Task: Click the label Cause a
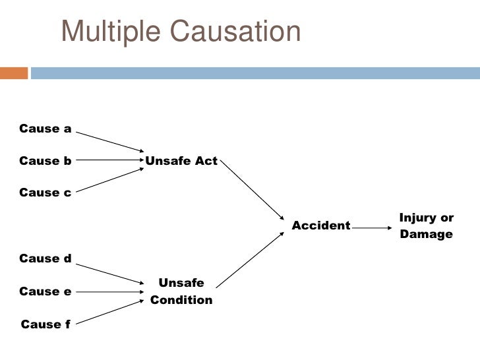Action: (x=45, y=129)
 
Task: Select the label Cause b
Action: (x=45, y=160)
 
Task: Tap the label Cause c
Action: (x=45, y=193)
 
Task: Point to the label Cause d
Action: (x=45, y=258)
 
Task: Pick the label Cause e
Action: (x=45, y=291)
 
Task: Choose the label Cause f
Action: (x=45, y=324)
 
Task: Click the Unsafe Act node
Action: (x=181, y=160)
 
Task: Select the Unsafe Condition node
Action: (x=181, y=291)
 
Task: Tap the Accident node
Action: (x=321, y=226)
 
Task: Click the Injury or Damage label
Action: (x=427, y=225)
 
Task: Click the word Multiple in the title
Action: (x=109, y=32)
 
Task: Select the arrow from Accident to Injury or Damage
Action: (x=373, y=228)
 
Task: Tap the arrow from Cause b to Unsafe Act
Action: (x=109, y=160)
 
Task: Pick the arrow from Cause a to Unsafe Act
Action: (x=109, y=141)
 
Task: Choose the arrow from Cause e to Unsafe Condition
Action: (x=109, y=291)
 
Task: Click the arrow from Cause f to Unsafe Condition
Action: (x=109, y=312)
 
